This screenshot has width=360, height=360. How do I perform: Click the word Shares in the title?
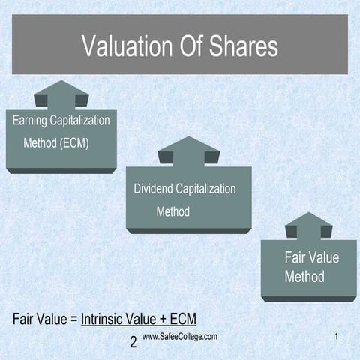pos(241,46)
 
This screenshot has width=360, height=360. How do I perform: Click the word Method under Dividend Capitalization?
pos(172,211)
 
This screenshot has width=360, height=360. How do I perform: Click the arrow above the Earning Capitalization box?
pos(61,96)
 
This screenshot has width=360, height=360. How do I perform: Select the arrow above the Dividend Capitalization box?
pos(188,152)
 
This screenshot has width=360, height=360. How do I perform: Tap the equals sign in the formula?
pos(73,318)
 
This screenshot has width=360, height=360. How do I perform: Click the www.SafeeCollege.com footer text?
pos(179,337)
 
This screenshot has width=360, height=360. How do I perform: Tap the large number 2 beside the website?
pos(133,343)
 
